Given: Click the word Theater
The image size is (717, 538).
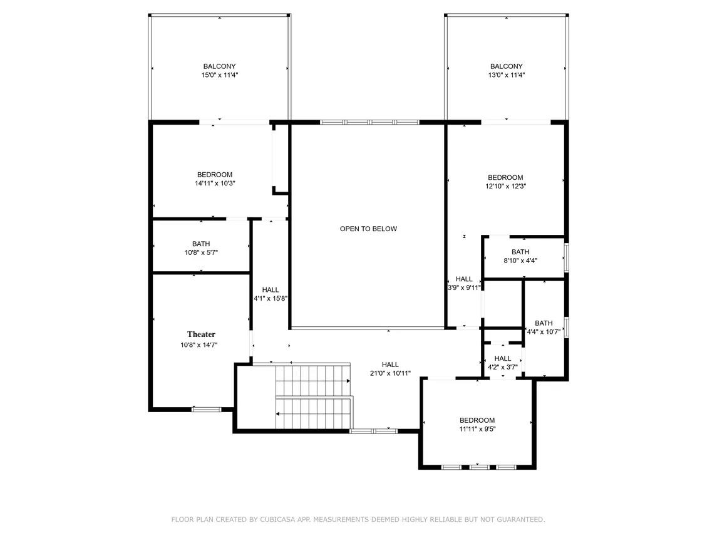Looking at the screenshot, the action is tap(201, 334).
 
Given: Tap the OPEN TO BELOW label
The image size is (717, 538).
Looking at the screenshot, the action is tap(369, 229).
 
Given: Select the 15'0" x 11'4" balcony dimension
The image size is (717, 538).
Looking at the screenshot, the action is tap(220, 75).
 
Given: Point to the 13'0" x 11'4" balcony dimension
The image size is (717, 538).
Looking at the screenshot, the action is tap(506, 75).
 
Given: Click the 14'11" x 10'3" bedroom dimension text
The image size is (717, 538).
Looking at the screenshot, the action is tap(215, 183).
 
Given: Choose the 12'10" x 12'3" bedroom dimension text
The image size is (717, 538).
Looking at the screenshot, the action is tap(506, 186).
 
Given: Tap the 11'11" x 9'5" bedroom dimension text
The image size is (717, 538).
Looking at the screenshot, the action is tap(477, 428).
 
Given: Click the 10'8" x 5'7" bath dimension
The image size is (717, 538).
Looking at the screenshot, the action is tap(201, 252).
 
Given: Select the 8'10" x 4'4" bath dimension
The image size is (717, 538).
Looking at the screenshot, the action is tap(520, 261).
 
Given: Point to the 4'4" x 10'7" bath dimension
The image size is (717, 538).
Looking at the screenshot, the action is tap(544, 332).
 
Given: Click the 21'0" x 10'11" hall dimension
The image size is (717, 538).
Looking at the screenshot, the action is tap(390, 373).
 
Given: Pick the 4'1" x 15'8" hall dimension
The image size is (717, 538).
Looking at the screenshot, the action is tap(271, 298).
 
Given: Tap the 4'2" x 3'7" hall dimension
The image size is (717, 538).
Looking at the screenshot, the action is tap(503, 367).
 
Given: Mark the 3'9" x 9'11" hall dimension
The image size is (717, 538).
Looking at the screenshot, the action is tap(463, 287).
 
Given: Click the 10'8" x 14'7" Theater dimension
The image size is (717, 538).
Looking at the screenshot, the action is tap(199, 344).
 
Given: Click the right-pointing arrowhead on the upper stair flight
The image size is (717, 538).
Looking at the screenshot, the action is tap(348, 381).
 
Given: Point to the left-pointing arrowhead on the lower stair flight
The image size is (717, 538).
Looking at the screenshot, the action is tap(277, 413).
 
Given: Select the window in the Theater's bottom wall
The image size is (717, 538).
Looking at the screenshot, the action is tap(206, 410).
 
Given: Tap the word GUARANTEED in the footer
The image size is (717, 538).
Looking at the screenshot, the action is tap(520, 519).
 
